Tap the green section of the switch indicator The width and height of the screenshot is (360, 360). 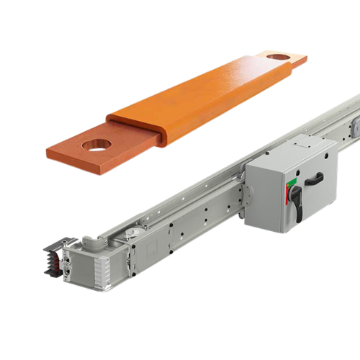point(289,189)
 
